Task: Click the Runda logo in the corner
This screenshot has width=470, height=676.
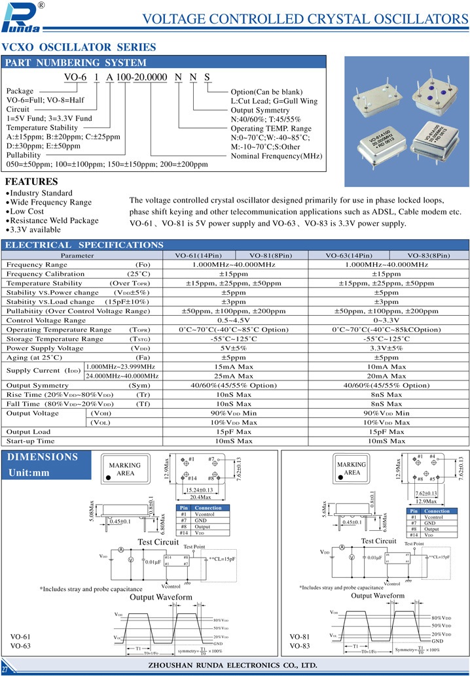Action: tap(22, 18)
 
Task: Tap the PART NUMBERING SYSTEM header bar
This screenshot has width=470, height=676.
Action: tap(164, 63)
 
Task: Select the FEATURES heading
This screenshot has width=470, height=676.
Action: tap(31, 181)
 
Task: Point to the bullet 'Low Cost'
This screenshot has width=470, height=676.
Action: tap(27, 212)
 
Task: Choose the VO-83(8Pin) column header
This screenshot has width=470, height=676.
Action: tap(428, 255)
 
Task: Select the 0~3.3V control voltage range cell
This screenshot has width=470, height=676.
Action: tap(386, 320)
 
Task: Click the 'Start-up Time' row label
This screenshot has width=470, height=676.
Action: tap(30, 441)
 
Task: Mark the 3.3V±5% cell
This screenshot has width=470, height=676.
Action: tap(386, 348)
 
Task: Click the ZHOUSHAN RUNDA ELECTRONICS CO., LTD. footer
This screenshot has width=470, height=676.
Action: tap(234, 665)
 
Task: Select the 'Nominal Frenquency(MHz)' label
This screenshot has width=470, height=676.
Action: tap(277, 156)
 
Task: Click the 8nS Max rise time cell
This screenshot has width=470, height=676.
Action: tap(386, 395)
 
